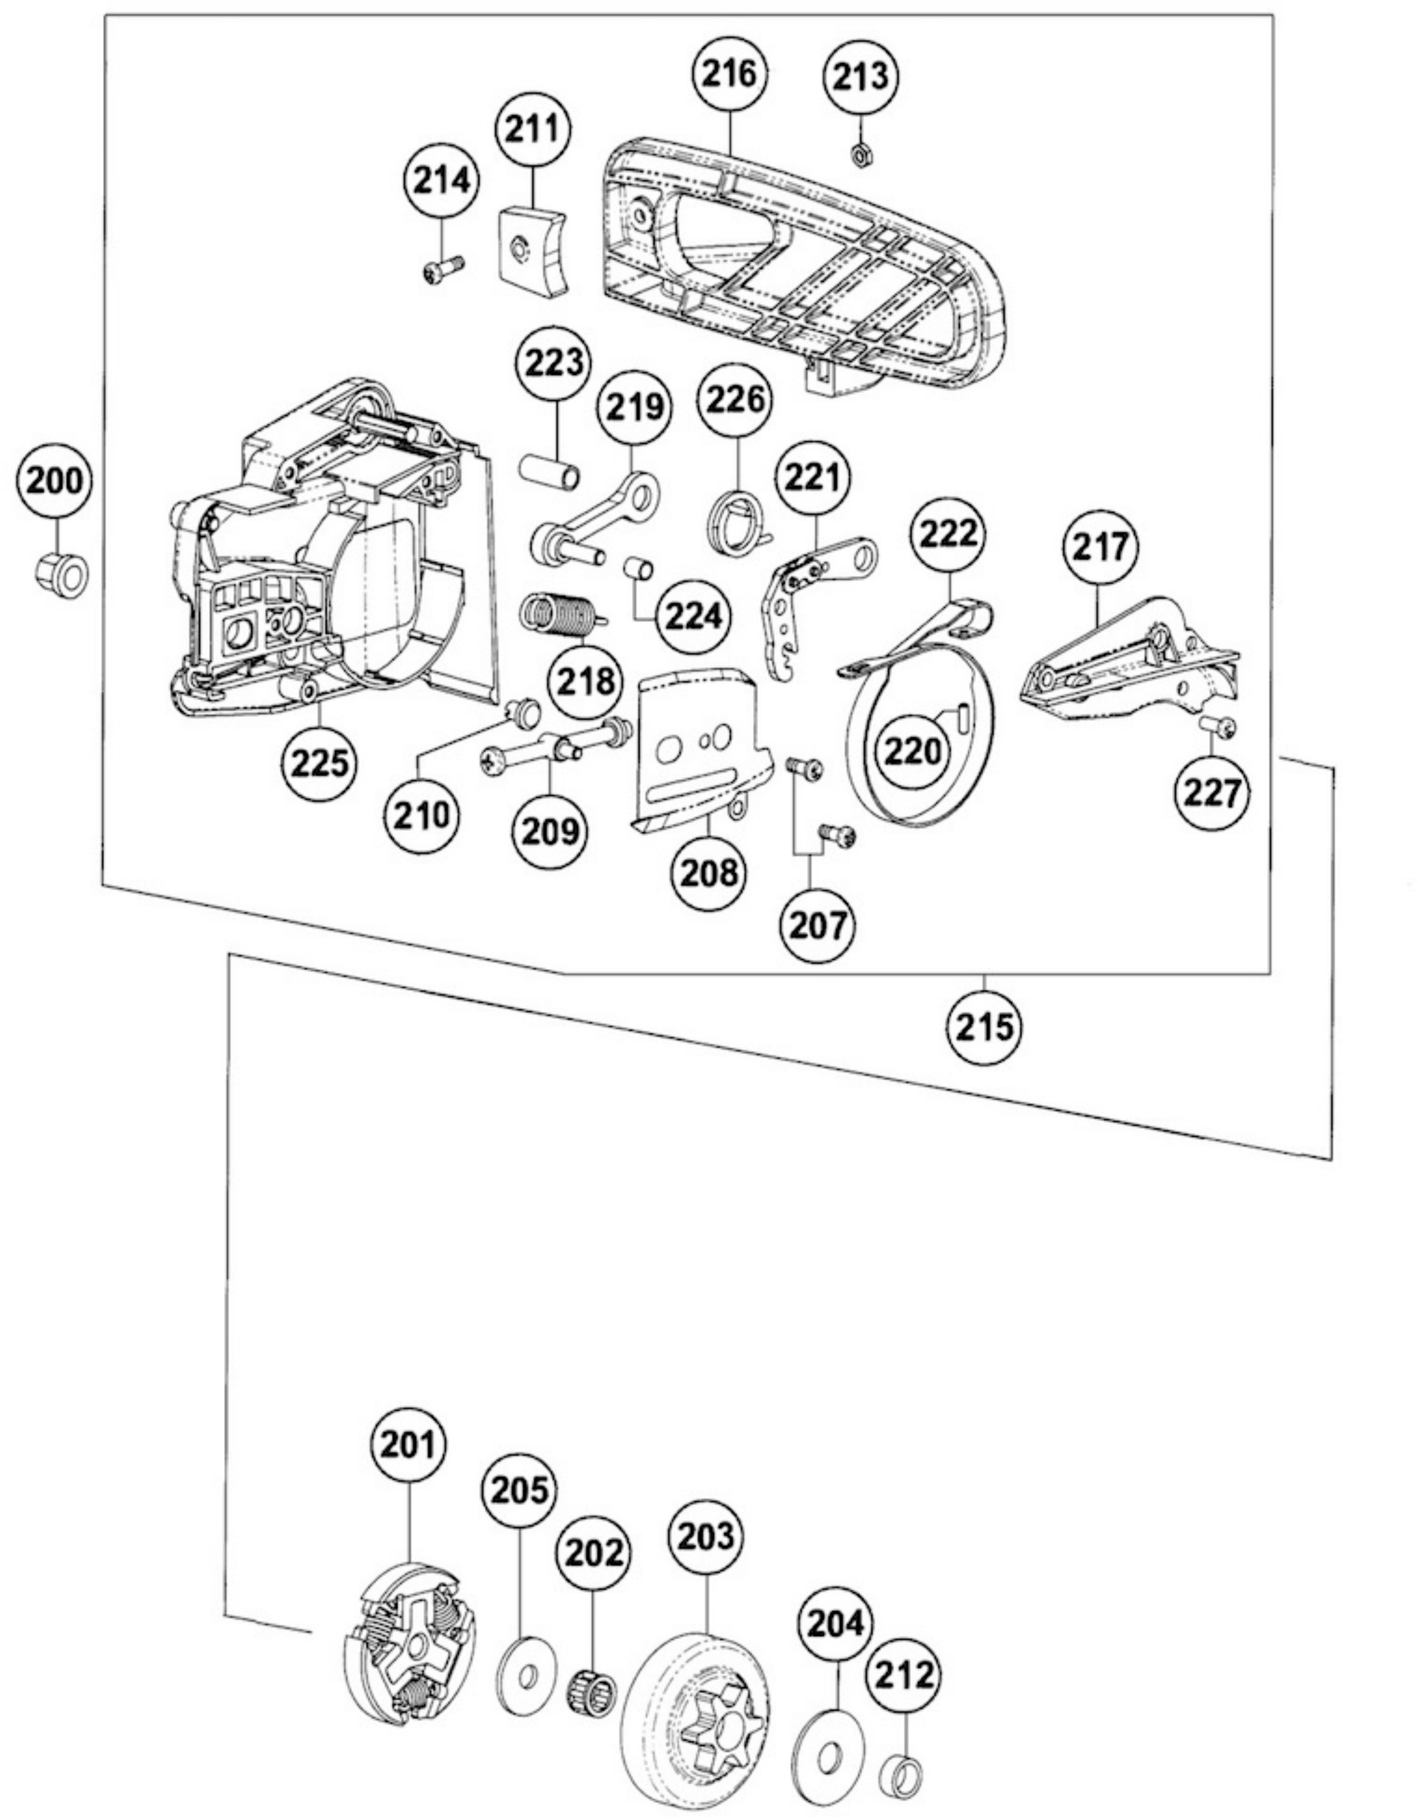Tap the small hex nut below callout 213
coord(861,154)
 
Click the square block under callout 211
coord(533,248)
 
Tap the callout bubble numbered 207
coord(818,924)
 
